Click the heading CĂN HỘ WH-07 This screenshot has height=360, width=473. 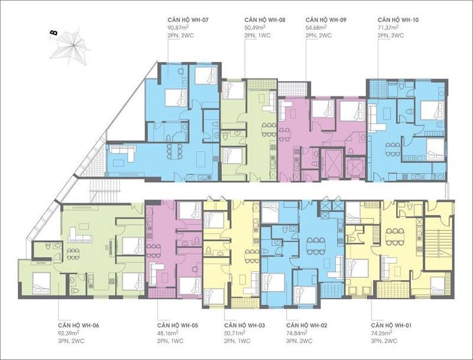pyautogui.click(x=188, y=20)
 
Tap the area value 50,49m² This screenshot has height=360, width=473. pyautogui.click(x=255, y=28)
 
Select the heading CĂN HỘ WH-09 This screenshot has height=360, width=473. pyautogui.click(x=326, y=20)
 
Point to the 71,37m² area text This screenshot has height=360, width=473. pyautogui.click(x=388, y=28)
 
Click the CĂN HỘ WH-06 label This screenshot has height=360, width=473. pyautogui.click(x=79, y=326)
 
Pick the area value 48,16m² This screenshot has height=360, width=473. pyautogui.click(x=167, y=333)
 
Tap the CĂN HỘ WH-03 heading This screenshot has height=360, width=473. pyautogui.click(x=244, y=326)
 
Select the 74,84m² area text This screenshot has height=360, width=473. pyautogui.click(x=297, y=333)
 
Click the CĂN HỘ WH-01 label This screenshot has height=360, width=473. pyautogui.click(x=391, y=326)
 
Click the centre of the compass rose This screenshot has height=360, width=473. pyautogui.click(x=72, y=46)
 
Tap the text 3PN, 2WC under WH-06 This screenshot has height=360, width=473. pyautogui.click(x=71, y=341)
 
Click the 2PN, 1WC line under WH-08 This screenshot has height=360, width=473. pyautogui.click(x=258, y=35)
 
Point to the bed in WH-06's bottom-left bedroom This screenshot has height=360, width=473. pyautogui.click(x=41, y=283)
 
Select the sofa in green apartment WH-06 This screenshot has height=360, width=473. pyautogui.click(x=80, y=235)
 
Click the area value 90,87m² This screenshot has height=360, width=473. pyautogui.click(x=178, y=28)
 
